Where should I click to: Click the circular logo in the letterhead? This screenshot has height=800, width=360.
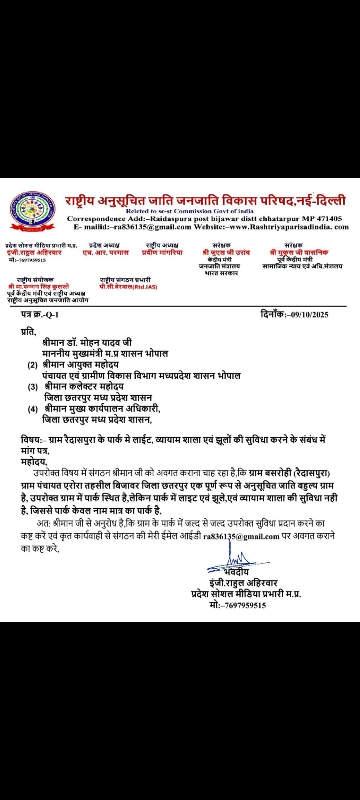pyautogui.click(x=33, y=212)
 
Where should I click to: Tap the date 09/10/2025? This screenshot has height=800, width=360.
pyautogui.click(x=306, y=315)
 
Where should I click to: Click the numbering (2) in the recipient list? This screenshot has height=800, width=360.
pyautogui.click(x=33, y=365)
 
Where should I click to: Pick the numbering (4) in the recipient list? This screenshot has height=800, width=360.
pyautogui.click(x=33, y=409)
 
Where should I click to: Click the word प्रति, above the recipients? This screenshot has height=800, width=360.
pyautogui.click(x=28, y=331)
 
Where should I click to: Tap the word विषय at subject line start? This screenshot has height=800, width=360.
pyautogui.click(x=31, y=440)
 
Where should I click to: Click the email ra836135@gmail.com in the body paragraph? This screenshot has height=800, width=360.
pyautogui.click(x=241, y=537)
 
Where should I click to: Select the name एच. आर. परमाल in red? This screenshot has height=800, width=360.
pyautogui.click(x=106, y=253)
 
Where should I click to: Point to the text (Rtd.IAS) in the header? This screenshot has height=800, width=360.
pyautogui.click(x=145, y=287)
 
